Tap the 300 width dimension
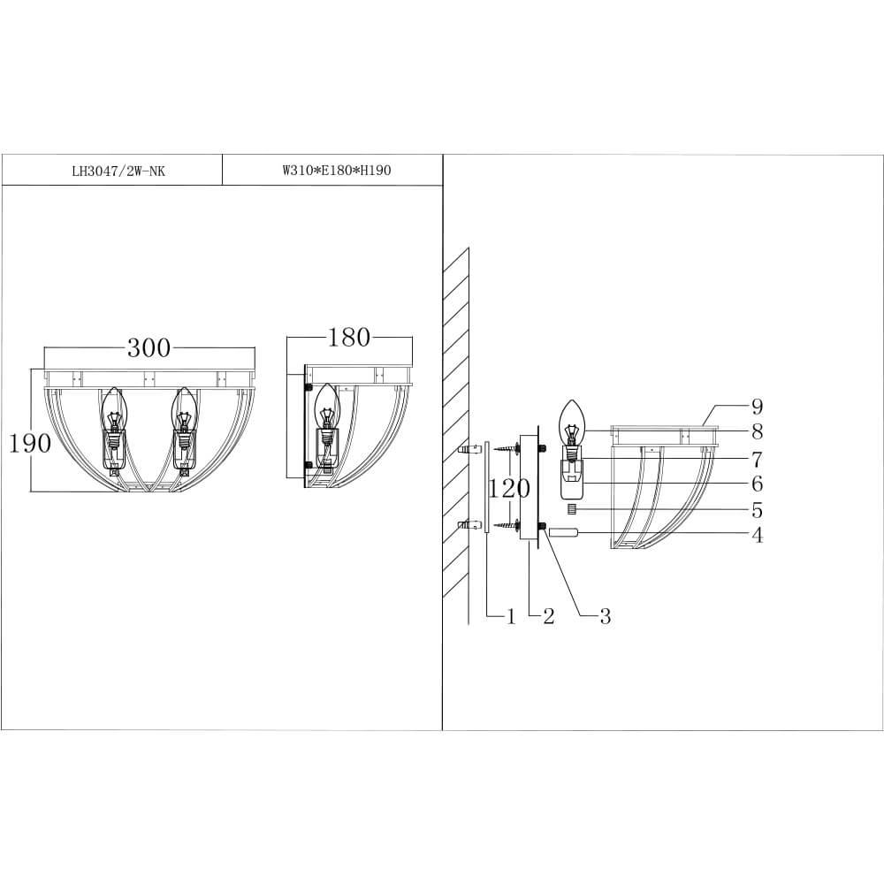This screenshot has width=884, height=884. [149, 347]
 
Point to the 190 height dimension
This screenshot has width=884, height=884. [30, 443]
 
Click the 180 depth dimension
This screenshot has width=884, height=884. [349, 337]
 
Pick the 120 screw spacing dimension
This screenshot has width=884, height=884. [509, 488]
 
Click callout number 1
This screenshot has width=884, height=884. [510, 616]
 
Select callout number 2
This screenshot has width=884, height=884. [548, 616]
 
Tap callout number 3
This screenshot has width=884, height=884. [605, 616]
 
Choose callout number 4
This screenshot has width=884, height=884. [757, 535]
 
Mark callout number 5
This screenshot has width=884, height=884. [757, 510]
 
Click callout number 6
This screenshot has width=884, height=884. [757, 484]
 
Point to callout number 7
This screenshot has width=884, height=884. [757, 459]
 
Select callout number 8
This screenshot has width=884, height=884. [757, 432]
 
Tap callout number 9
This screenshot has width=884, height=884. [757, 407]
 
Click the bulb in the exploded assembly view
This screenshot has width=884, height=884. [573, 424]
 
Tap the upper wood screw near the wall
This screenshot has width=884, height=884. [507, 450]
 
